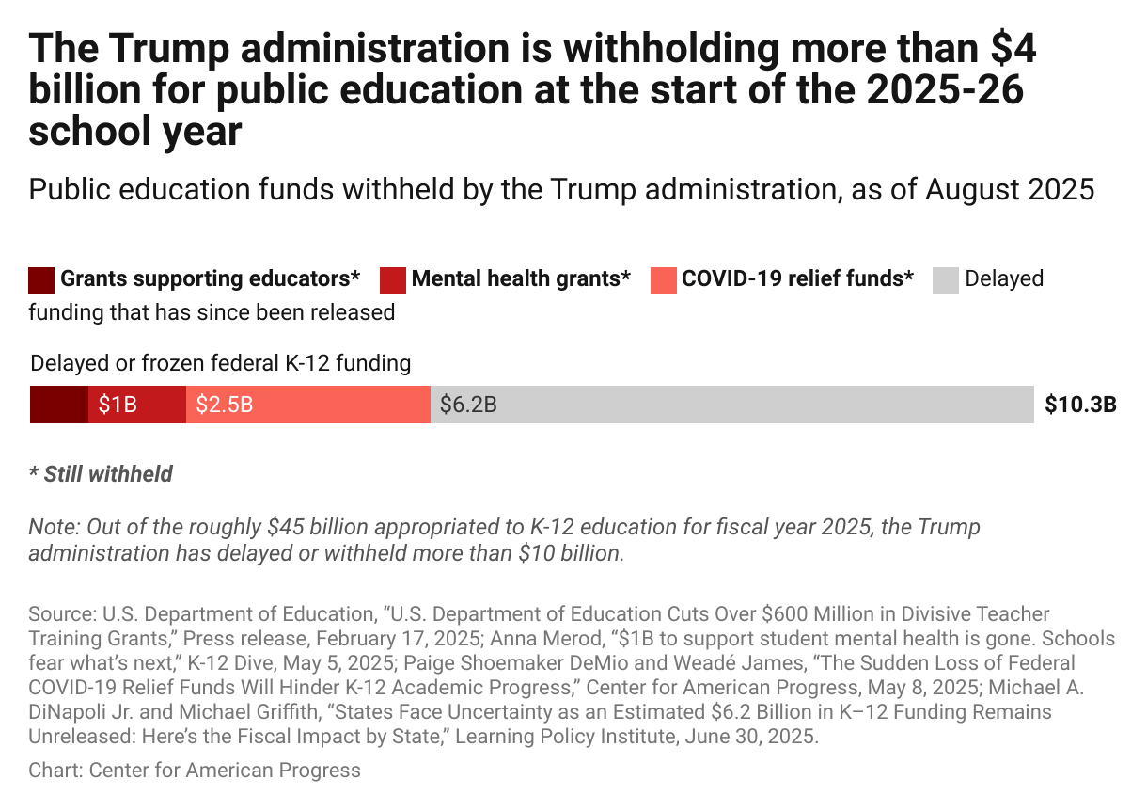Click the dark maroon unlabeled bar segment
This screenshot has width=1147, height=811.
click(x=59, y=405)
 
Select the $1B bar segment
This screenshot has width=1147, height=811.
click(x=137, y=405)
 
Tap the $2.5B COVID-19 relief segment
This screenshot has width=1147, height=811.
click(x=308, y=405)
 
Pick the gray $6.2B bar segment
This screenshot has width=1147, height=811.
click(x=731, y=405)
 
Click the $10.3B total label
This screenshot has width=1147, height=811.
click(x=1080, y=405)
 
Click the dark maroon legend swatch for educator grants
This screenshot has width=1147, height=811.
click(x=41, y=279)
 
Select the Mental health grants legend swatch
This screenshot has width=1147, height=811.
click(x=393, y=279)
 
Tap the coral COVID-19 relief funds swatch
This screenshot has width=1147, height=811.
click(x=663, y=279)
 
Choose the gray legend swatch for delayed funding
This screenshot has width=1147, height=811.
click(x=946, y=279)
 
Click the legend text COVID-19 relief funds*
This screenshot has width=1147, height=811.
click(x=797, y=279)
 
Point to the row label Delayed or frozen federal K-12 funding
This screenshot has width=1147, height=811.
click(x=221, y=363)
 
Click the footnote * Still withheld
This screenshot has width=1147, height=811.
click(x=101, y=474)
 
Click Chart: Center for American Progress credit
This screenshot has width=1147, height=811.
click(x=195, y=771)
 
